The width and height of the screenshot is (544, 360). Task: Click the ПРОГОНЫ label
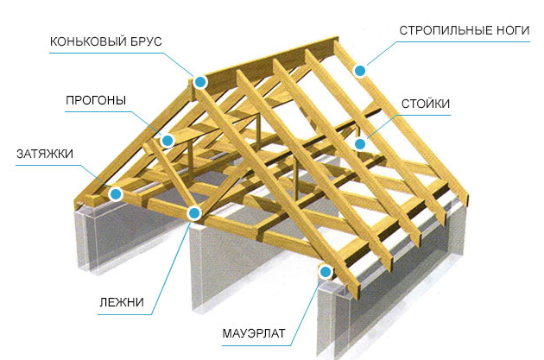pos(96,101)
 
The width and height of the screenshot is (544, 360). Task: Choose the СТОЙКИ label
pos(426,104)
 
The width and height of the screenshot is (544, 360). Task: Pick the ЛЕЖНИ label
pos(121,303)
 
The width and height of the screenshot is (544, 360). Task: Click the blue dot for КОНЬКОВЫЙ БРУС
pos(200,82)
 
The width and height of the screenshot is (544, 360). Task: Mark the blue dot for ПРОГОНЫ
pos(168,140)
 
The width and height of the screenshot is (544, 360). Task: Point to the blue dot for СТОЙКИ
pos(361,144)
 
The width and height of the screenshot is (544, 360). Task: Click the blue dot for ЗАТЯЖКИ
pos(115,195)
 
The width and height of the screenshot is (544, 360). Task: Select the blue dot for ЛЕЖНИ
pos(193,212)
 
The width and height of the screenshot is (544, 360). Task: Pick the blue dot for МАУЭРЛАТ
pos(326,272)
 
